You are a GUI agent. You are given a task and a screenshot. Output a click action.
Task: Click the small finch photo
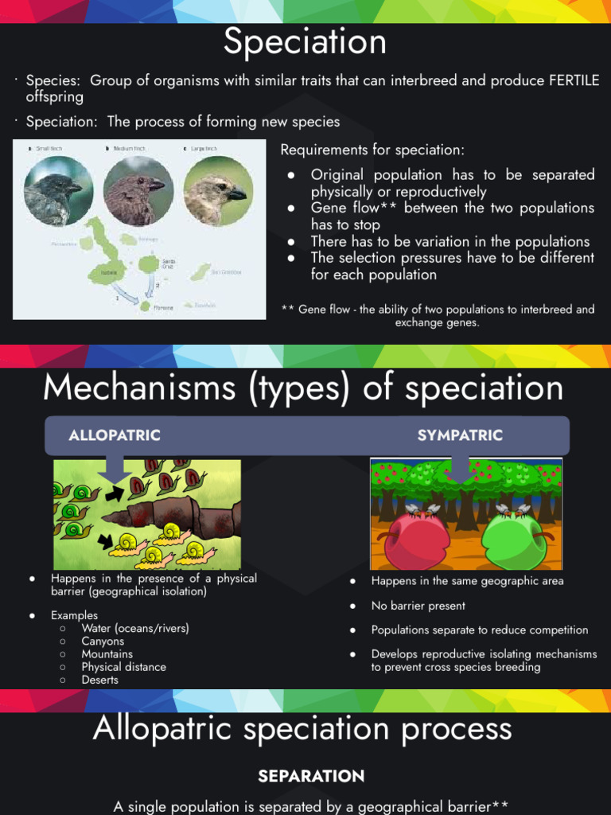[x=58, y=191]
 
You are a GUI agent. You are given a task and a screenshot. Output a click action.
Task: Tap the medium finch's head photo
[x=138, y=191]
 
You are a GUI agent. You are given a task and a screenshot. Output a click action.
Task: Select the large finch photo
[x=217, y=191]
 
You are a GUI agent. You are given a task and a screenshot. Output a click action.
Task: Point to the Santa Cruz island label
[x=169, y=263]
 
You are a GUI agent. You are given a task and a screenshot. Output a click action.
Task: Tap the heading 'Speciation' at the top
[x=305, y=42]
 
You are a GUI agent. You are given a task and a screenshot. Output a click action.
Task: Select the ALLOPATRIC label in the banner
[x=115, y=435]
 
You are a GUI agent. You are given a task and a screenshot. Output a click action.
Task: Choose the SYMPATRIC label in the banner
[x=460, y=435]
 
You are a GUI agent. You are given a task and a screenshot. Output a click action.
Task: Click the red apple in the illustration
[x=418, y=540]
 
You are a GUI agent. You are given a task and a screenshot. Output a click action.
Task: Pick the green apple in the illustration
[x=513, y=540]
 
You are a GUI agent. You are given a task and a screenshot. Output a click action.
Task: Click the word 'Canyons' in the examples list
[x=103, y=641]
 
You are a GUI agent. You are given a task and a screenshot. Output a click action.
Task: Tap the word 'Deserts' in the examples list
[x=99, y=680]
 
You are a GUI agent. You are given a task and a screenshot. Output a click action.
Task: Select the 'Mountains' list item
[x=107, y=654]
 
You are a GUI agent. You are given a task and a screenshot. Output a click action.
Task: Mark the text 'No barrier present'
[x=418, y=606]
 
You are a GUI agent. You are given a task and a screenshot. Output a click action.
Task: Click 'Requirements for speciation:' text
[x=372, y=150]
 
